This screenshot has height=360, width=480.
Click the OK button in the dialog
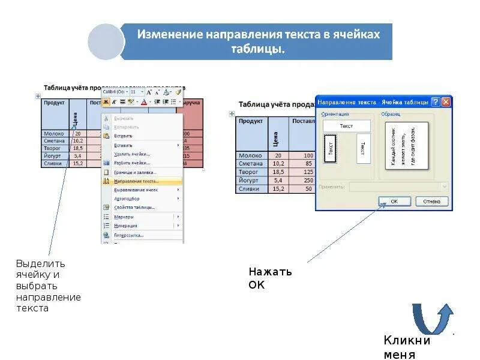pyautogui.click(x=394, y=202)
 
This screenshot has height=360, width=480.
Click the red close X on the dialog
pyautogui.click(x=446, y=102)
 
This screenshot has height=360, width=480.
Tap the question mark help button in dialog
pyautogui.click(x=436, y=102)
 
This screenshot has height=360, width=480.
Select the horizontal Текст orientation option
pyautogui.click(x=346, y=126)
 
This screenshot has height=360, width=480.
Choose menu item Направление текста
pyautogui.click(x=137, y=181)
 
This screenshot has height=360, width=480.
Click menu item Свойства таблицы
pyautogui.click(x=134, y=207)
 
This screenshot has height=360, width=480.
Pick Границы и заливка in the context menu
pyautogui.click(x=135, y=172)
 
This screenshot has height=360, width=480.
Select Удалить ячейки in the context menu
pyautogui.click(x=132, y=154)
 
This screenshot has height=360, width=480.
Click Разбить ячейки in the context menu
pyautogui.click(x=132, y=163)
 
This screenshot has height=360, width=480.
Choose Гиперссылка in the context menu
pyautogui.click(x=129, y=235)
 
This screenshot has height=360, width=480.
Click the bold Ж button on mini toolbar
pyautogui.click(x=106, y=102)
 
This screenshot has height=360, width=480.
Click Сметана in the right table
pyautogui.click(x=251, y=163)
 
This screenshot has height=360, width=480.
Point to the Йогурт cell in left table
pyautogui.click(x=53, y=155)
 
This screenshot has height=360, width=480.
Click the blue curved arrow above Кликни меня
pyautogui.click(x=432, y=318)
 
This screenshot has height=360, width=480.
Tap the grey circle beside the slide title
pyautogui.click(x=106, y=42)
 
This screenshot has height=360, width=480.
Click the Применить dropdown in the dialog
pyautogui.click(x=398, y=187)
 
